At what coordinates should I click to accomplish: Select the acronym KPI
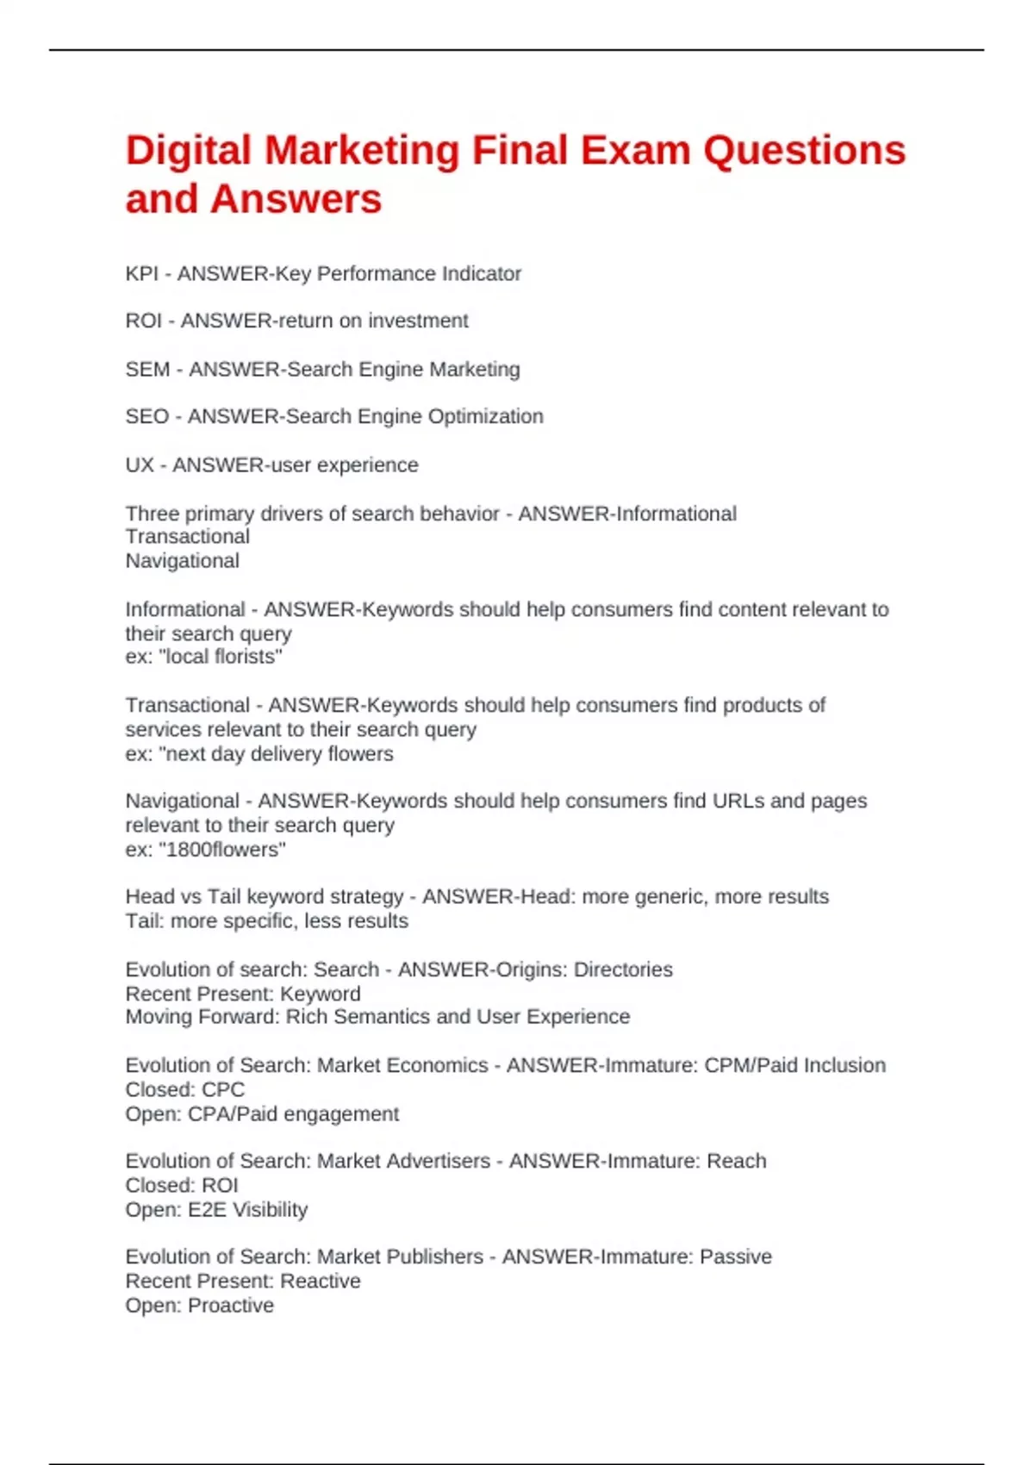tap(142, 274)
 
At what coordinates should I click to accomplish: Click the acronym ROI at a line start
tap(143, 321)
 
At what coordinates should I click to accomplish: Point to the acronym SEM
tap(147, 370)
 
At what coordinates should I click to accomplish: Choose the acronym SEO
tap(146, 417)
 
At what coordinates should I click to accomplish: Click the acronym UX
tap(139, 465)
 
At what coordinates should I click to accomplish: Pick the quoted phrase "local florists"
tap(221, 658)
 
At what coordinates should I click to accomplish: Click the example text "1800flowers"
tap(222, 850)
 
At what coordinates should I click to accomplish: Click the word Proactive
tap(230, 1306)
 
